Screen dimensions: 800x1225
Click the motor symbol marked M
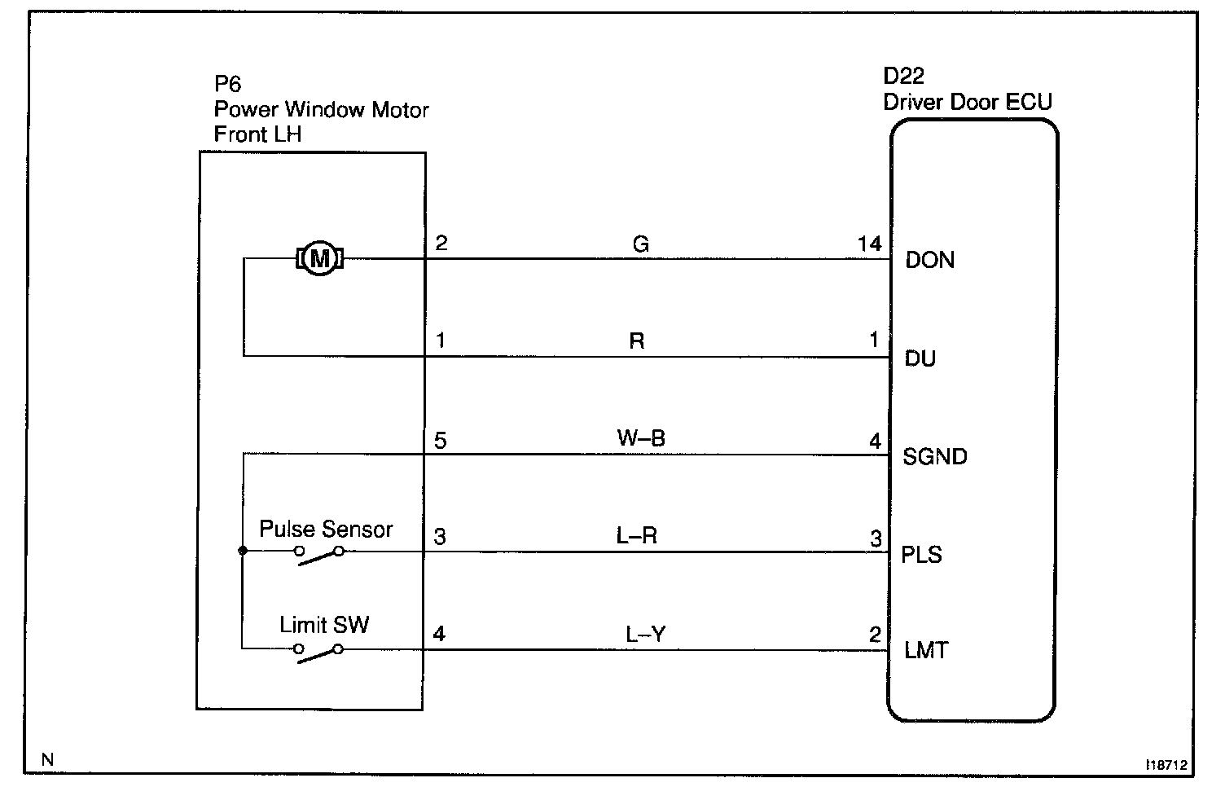(x=320, y=259)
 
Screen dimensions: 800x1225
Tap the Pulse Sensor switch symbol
(x=318, y=553)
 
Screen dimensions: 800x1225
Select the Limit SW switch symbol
(x=318, y=652)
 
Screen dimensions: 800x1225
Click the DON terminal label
(x=929, y=261)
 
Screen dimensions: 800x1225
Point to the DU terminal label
(x=920, y=358)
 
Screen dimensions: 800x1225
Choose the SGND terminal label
(x=934, y=456)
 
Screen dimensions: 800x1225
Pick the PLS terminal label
(x=921, y=555)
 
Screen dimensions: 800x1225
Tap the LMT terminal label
(x=926, y=651)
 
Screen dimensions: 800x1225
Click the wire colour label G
(x=640, y=244)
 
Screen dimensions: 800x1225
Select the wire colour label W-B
(x=641, y=438)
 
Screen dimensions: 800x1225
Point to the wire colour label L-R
(x=637, y=536)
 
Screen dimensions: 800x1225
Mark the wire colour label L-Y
(x=646, y=634)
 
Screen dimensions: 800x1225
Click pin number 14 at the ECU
(x=869, y=244)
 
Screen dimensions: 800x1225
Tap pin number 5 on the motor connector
(x=441, y=442)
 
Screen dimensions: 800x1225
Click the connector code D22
(x=903, y=77)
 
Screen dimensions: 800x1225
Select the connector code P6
(x=227, y=84)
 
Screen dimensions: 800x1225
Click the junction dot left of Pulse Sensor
(x=243, y=551)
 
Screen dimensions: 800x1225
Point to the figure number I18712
(x=1166, y=765)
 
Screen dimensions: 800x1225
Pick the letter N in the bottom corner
(x=47, y=759)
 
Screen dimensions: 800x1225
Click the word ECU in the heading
(x=1030, y=102)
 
